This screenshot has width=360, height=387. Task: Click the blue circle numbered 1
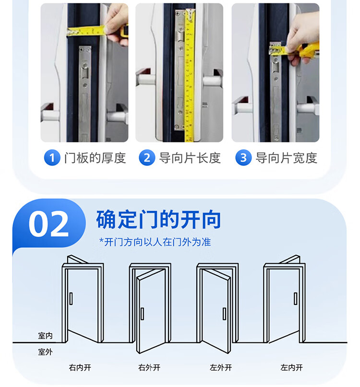tap(52, 157)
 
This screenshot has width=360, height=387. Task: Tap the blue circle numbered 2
tap(147, 157)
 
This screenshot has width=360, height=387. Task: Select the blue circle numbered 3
tap(243, 157)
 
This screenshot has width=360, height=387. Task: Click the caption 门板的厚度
tap(95, 158)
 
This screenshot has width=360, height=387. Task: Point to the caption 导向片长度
tap(190, 158)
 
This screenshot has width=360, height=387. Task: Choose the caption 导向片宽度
tap(286, 158)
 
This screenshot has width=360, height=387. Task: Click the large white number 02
tap(48, 224)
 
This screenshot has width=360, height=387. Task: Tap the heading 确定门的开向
tap(158, 220)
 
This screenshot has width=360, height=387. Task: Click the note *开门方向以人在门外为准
tap(155, 242)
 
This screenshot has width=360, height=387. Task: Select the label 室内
tap(45, 336)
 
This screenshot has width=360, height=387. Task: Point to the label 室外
tap(45, 352)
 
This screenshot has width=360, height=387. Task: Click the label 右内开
tap(80, 368)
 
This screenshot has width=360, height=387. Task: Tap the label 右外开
tap(149, 368)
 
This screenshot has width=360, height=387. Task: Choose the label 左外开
tap(221, 368)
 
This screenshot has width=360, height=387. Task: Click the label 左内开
tap(291, 368)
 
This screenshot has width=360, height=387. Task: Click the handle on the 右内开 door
tap(71, 299)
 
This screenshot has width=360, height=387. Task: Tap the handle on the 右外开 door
tap(142, 314)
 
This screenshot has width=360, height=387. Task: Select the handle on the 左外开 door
tap(224, 314)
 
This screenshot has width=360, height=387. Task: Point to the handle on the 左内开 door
tap(295, 299)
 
